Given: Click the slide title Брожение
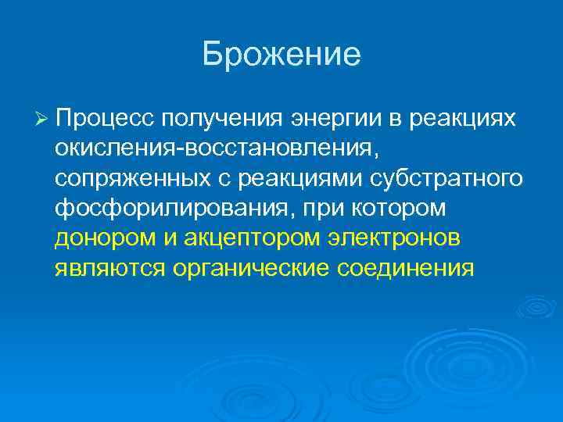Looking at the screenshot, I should tap(281, 54).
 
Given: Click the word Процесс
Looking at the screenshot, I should tap(105, 118).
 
